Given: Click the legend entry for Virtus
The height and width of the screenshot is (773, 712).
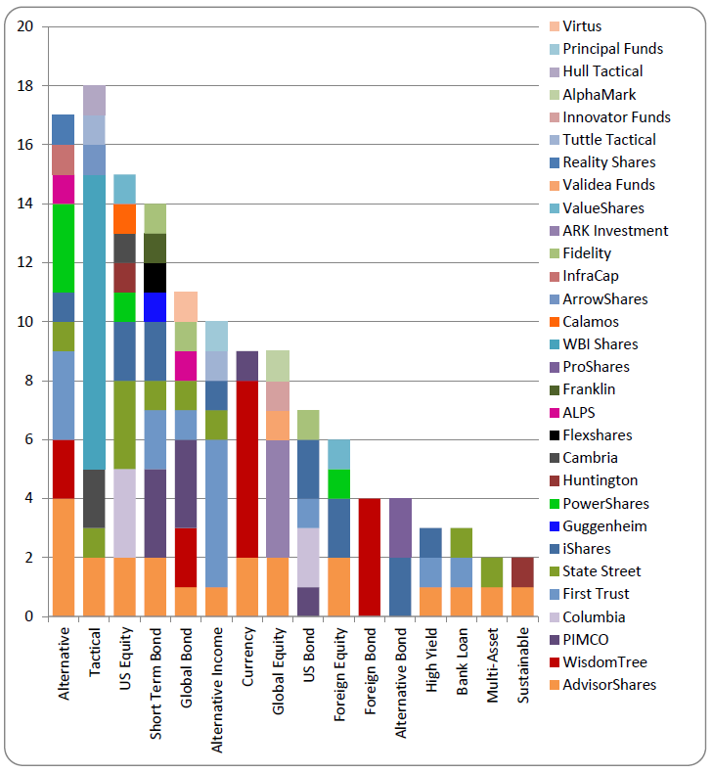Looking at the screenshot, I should point(582,26).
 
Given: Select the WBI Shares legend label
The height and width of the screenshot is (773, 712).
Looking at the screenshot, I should point(600,344).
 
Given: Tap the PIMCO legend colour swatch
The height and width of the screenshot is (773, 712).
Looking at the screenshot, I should point(553,640).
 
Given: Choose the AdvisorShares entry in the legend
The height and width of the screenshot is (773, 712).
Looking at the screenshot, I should point(609,685).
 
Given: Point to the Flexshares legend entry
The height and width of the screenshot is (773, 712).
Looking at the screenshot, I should point(598,435).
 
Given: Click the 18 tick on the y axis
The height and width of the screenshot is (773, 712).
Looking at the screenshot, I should point(24,86).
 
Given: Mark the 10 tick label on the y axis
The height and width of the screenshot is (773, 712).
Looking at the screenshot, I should point(24,322).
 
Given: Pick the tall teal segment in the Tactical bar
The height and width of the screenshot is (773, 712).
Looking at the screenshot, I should point(94,322).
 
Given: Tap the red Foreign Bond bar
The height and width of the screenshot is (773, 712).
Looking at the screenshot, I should point(370,557).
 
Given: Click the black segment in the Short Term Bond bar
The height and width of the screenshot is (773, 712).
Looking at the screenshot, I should point(156,278).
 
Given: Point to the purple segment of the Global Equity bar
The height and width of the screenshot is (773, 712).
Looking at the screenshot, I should point(278,499).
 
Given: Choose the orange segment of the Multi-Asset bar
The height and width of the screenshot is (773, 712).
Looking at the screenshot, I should point(493,602).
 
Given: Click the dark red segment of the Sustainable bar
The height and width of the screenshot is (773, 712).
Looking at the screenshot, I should point(523,572).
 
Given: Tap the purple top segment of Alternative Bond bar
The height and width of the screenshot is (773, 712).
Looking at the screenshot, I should point(400,528).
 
